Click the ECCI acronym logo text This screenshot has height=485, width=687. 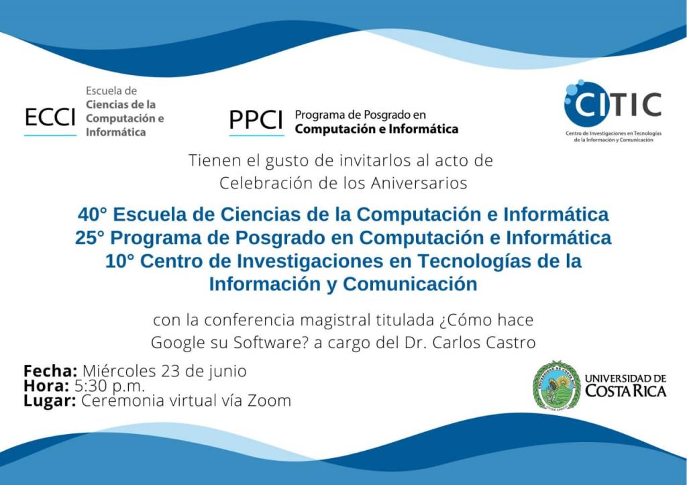coord(50,117)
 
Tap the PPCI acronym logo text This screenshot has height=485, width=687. coord(256,119)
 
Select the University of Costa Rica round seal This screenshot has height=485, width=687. coord(556,386)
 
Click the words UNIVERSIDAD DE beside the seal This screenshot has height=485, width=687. coord(626,378)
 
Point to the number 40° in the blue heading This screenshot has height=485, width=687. coord(93,215)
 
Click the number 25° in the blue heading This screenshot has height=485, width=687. coord(90,238)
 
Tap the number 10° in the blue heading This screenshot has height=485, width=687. coord(119,261)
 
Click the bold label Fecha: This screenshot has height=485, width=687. coord(50,371)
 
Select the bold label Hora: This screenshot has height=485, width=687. coord(46,386)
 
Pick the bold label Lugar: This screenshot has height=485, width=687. coord(50,401)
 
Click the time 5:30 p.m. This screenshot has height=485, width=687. coord(109,386)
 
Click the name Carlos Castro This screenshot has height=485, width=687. coord(484,343)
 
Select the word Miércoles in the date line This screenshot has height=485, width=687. coord(119,371)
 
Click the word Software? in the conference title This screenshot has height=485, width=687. coord(271,343)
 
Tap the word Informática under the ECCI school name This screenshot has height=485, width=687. coord(115,132)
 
